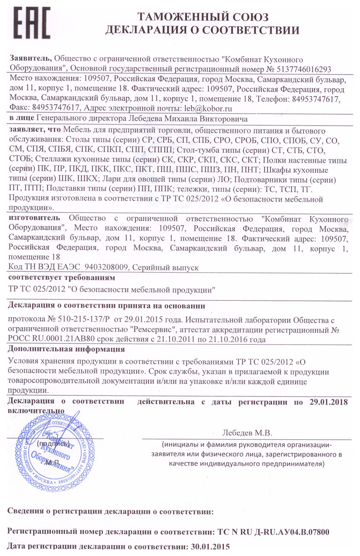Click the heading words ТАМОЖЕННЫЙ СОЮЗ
pos(203,17)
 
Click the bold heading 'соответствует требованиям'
pos(61,277)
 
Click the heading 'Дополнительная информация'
pos(66,349)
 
